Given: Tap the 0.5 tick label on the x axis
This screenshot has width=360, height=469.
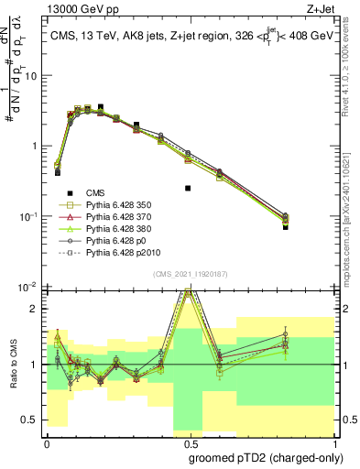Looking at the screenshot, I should click(187, 442).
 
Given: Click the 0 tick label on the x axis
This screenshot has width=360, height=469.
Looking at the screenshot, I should click(47, 442).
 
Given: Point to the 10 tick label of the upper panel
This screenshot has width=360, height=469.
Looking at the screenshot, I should click(31, 76).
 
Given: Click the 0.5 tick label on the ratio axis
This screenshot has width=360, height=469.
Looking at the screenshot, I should click(31, 420).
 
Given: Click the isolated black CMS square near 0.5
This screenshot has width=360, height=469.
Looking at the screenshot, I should click(187, 189).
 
